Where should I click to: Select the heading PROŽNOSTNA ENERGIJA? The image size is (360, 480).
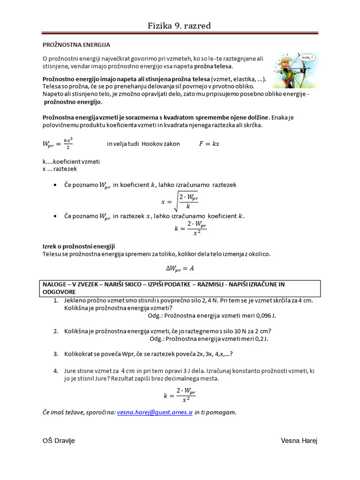coord(76,45)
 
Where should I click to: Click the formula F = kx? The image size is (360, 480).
coord(209,144)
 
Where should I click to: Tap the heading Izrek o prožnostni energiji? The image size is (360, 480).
coord(79,246)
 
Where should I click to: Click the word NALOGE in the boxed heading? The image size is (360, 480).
coord(54,284)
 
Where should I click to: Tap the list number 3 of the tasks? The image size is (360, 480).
coord(55,354)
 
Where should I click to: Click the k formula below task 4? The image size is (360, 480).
coord(180,395)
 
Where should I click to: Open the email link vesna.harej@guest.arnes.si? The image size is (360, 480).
coord(155,412)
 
